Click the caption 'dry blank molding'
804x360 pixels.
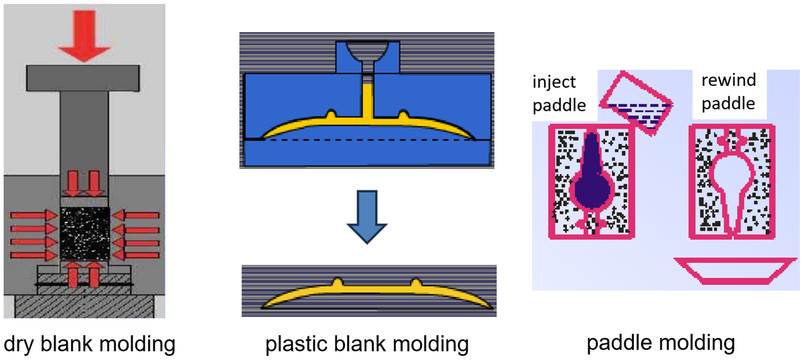pyautogui.click(x=90, y=345)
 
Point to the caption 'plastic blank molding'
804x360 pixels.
pyautogui.click(x=366, y=345)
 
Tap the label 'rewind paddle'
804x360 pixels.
pyautogui.click(x=728, y=93)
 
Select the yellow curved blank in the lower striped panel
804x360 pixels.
pyautogui.click(x=367, y=294)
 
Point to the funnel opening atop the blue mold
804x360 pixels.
pyautogui.click(x=366, y=52)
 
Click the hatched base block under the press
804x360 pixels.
pyautogui.click(x=84, y=305)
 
